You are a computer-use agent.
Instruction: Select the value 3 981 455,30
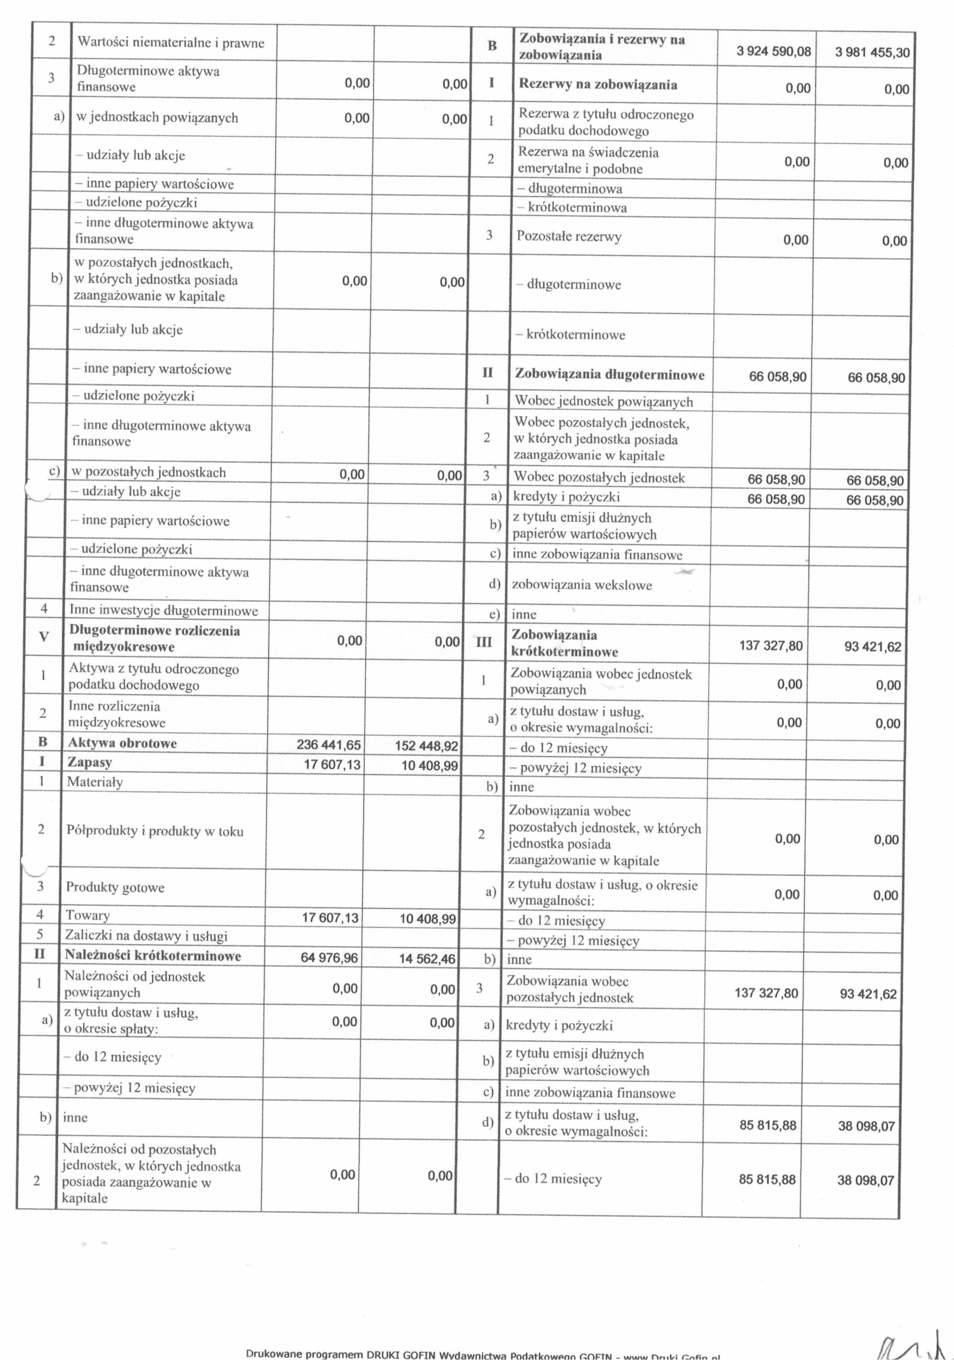coord(871,52)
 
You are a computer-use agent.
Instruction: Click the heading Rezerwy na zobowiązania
coord(598,84)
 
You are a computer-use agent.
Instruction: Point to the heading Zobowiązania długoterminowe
coord(609,375)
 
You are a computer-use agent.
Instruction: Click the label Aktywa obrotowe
coord(122,744)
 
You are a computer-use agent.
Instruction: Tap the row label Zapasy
coord(90,763)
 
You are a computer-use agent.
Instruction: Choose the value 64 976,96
coord(330,956)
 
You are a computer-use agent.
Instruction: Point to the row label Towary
coord(88,915)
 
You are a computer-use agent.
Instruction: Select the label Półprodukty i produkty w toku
coord(155,831)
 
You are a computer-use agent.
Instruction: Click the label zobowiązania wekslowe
coord(582,585)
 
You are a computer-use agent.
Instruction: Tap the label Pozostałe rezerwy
coord(569,236)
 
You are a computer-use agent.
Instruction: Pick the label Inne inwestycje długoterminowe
coord(163,611)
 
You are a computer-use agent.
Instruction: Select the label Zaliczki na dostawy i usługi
coord(147,936)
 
